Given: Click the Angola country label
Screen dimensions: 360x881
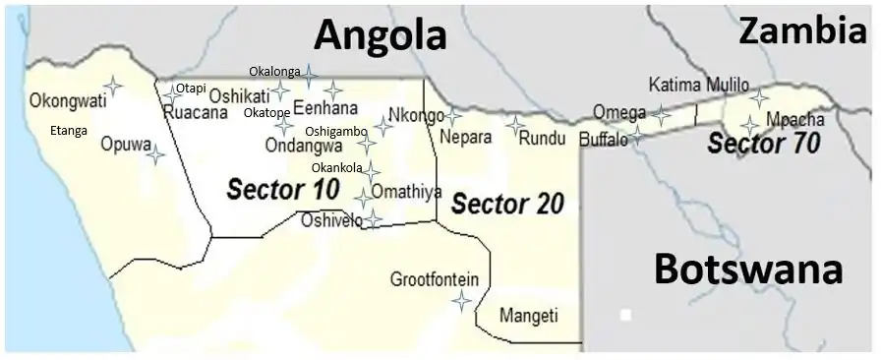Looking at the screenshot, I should (380, 36).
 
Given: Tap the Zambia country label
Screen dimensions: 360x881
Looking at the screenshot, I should (803, 31).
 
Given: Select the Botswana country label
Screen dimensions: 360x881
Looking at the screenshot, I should (748, 268).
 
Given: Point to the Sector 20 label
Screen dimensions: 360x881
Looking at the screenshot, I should (507, 204).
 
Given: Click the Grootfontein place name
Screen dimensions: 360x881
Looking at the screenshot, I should (435, 279).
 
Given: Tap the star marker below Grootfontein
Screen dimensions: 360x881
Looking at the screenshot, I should (461, 301).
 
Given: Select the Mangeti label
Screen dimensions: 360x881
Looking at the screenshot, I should (528, 316).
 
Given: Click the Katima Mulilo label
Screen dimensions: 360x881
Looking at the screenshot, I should (699, 85).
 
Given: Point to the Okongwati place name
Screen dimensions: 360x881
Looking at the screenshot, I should (68, 100).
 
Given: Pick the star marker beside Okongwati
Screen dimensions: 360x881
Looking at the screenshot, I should (113, 86).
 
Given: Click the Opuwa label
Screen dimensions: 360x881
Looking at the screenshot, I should (125, 144).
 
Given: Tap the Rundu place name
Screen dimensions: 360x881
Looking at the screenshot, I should (542, 137).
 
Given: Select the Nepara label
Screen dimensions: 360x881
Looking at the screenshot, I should (465, 137).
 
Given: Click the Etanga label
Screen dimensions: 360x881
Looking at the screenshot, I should (69, 130).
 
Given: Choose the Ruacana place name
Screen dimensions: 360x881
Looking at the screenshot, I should (191, 112).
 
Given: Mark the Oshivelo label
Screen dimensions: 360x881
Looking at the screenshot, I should (330, 220).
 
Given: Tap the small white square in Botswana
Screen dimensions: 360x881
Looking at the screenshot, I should (625, 316).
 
